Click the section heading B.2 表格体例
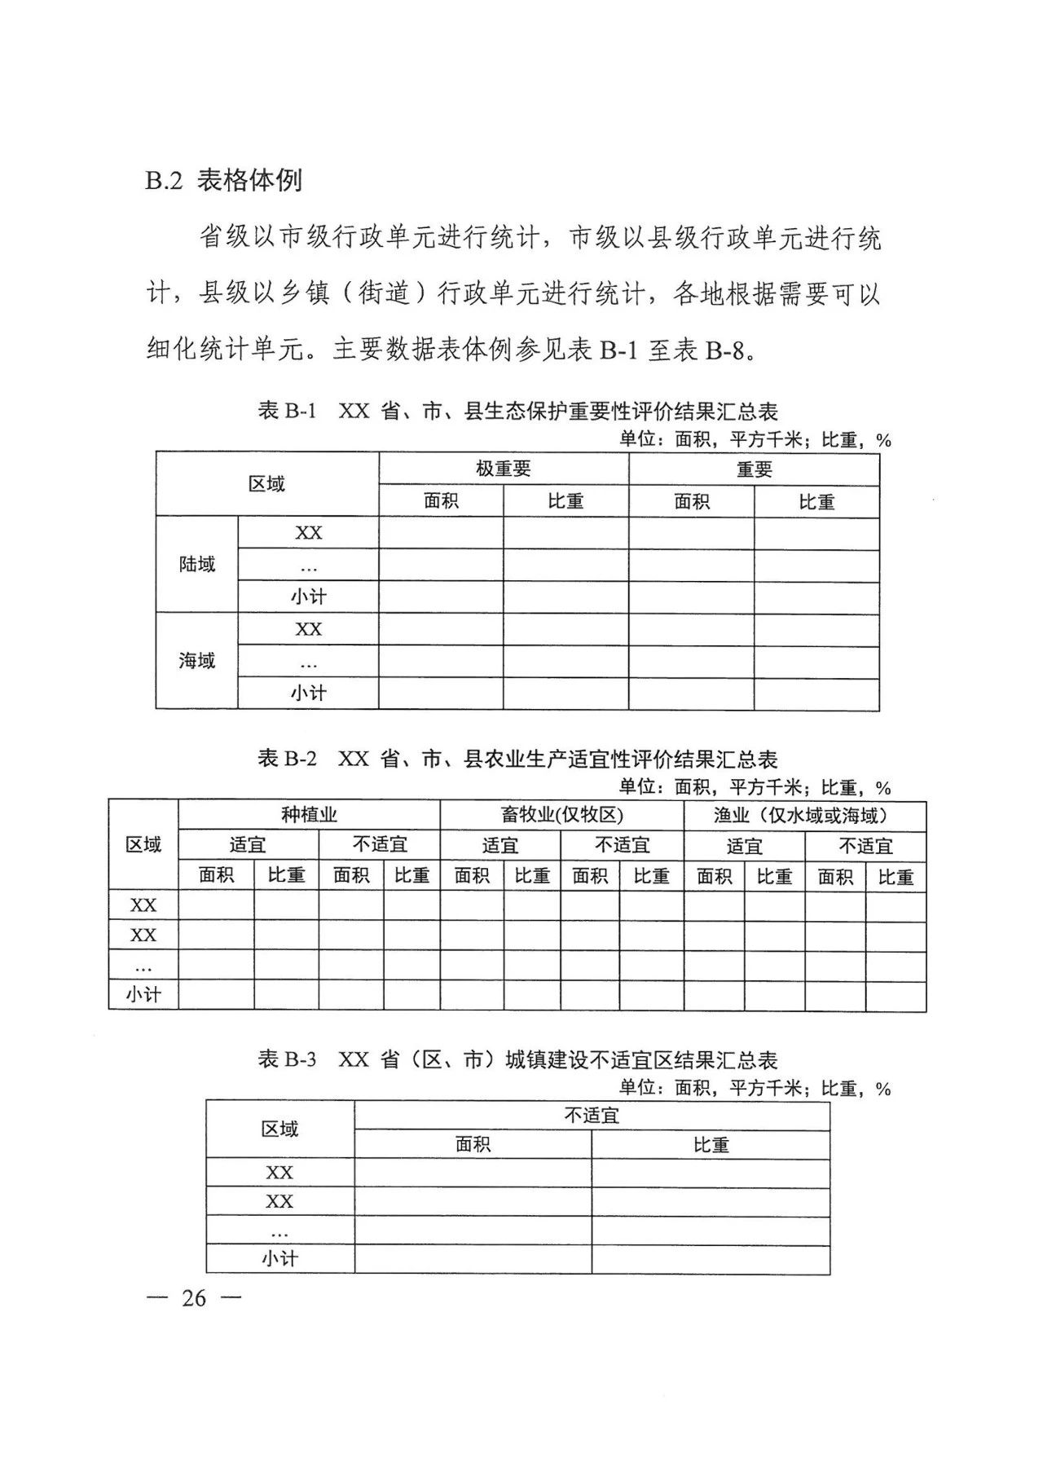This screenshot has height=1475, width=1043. [x=223, y=180]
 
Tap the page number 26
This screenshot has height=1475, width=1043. [x=194, y=1297]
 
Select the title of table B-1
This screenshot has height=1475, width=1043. [x=517, y=410]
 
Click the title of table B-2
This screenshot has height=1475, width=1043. [x=517, y=759]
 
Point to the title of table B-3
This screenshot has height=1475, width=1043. [x=517, y=1059]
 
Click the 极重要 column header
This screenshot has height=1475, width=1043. [x=504, y=469]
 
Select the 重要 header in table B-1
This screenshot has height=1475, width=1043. [x=754, y=469]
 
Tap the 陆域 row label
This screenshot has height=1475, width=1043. [x=197, y=564]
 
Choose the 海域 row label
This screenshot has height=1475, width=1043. [x=197, y=660]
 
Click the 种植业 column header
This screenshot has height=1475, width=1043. [x=309, y=814]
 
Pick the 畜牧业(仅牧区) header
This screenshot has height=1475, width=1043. [x=561, y=815]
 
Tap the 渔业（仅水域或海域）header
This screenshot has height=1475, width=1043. [x=804, y=815]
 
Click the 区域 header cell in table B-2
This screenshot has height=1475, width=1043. [x=143, y=845]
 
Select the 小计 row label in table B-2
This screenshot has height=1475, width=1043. [x=143, y=995]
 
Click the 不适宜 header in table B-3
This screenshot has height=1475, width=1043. [x=592, y=1115]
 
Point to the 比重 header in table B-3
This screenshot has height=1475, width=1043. [x=711, y=1145]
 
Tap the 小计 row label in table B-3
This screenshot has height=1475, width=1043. [x=279, y=1258]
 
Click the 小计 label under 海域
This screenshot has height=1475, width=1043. [x=308, y=693]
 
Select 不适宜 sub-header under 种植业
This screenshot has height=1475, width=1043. [x=380, y=844]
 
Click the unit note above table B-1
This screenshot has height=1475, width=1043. [x=755, y=440]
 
